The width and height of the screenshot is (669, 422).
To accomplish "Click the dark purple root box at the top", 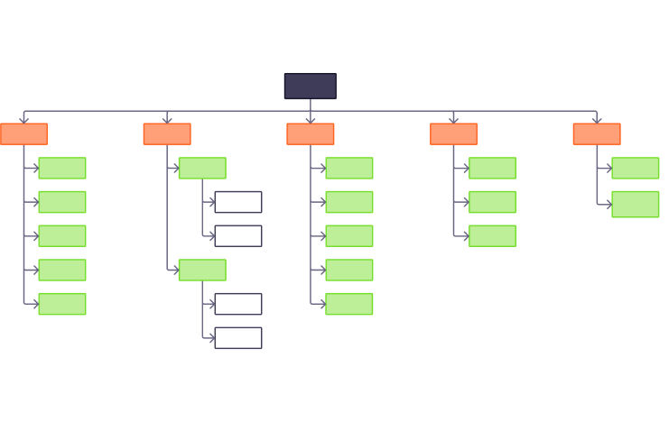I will click(310, 86).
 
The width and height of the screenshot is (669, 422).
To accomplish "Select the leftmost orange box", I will click(23, 134).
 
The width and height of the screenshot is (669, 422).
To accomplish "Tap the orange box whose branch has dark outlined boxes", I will click(167, 134).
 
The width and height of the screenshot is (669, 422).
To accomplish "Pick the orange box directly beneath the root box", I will click(310, 134).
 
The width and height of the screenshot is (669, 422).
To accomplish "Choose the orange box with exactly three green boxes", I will click(453, 134).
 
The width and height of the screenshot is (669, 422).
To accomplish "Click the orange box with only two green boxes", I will click(596, 134).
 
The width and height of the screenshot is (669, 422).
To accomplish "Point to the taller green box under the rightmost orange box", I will click(635, 204).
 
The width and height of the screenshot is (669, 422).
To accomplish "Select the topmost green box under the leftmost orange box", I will click(62, 169).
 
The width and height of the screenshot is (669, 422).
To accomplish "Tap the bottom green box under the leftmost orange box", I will click(62, 304).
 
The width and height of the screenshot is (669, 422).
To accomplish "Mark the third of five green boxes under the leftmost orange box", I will click(62, 236).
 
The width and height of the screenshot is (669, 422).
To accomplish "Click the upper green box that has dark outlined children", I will click(202, 169).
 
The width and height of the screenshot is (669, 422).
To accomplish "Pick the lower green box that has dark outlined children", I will click(202, 270).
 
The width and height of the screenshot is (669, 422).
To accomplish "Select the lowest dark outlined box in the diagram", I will click(237, 338).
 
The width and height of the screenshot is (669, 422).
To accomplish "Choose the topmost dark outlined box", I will click(237, 202).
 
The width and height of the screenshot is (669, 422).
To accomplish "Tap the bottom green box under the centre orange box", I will click(348, 304).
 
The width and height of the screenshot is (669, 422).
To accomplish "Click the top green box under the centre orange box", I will click(348, 169).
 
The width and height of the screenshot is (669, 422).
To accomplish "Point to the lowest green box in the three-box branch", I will click(492, 236).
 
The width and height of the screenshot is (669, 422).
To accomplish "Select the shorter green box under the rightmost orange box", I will click(635, 169).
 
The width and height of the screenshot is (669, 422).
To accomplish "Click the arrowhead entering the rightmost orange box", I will click(596, 120).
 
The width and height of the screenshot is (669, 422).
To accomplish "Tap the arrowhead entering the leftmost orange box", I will click(23, 120).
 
